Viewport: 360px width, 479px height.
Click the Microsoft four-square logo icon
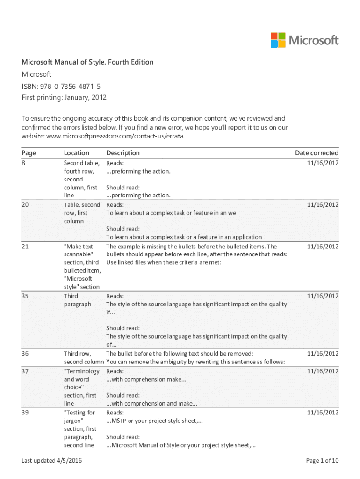[x=278, y=40]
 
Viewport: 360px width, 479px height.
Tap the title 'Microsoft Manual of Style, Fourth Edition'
[x=87, y=62]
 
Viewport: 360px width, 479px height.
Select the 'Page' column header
[x=29, y=153]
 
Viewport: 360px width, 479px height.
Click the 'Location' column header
[x=77, y=153]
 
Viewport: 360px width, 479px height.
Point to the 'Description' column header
[x=123, y=153]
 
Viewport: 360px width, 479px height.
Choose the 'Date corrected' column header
[x=317, y=153]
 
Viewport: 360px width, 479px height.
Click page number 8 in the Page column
[x=24, y=163]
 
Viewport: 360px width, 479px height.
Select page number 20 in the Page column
[x=25, y=205]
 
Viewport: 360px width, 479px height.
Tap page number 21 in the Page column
[x=25, y=247]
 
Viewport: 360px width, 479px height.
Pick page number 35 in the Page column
[x=25, y=296]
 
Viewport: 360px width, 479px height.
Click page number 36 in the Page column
[x=25, y=354]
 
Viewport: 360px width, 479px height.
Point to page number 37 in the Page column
[x=25, y=371]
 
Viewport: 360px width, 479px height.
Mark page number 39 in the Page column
[x=25, y=413]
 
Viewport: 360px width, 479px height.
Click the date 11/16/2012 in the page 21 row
[x=323, y=247]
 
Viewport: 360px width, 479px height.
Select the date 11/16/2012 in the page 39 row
[x=323, y=413]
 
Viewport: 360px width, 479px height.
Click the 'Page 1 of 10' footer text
[x=322, y=461]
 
